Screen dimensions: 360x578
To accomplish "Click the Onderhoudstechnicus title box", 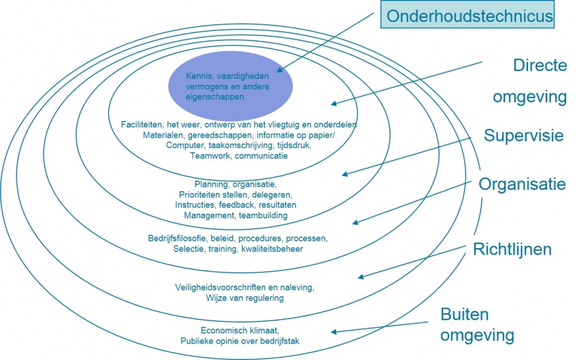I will (x=468, y=15).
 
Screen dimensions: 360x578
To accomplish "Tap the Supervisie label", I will (x=523, y=135).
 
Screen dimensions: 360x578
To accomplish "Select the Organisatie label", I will (x=522, y=184).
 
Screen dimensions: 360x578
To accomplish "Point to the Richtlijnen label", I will (x=512, y=249).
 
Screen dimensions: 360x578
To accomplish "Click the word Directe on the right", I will (x=539, y=65).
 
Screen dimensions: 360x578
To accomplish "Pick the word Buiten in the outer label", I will (x=465, y=314).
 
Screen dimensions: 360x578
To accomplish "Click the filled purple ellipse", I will (x=230, y=86).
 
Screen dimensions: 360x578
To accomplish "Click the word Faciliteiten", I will (x=142, y=125).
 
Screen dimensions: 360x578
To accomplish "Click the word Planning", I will (x=210, y=184).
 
